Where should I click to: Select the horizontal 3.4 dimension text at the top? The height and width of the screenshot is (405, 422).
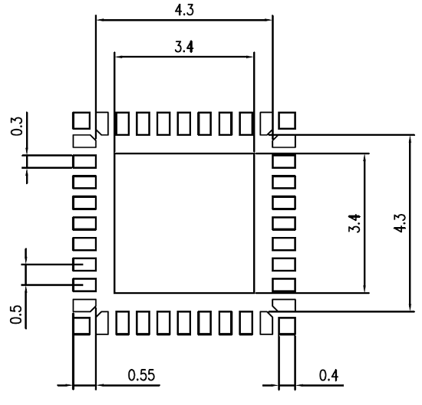183,47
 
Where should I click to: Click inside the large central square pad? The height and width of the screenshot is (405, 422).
183,222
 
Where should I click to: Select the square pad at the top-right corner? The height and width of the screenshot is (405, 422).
287,120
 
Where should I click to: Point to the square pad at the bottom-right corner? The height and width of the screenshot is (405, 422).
287,326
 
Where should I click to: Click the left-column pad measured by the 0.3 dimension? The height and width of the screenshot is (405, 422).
84,163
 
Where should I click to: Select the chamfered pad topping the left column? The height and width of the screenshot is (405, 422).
83,141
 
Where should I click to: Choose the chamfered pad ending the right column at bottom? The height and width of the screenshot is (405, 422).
285,305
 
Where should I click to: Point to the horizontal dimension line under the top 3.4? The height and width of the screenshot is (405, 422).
183,55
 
